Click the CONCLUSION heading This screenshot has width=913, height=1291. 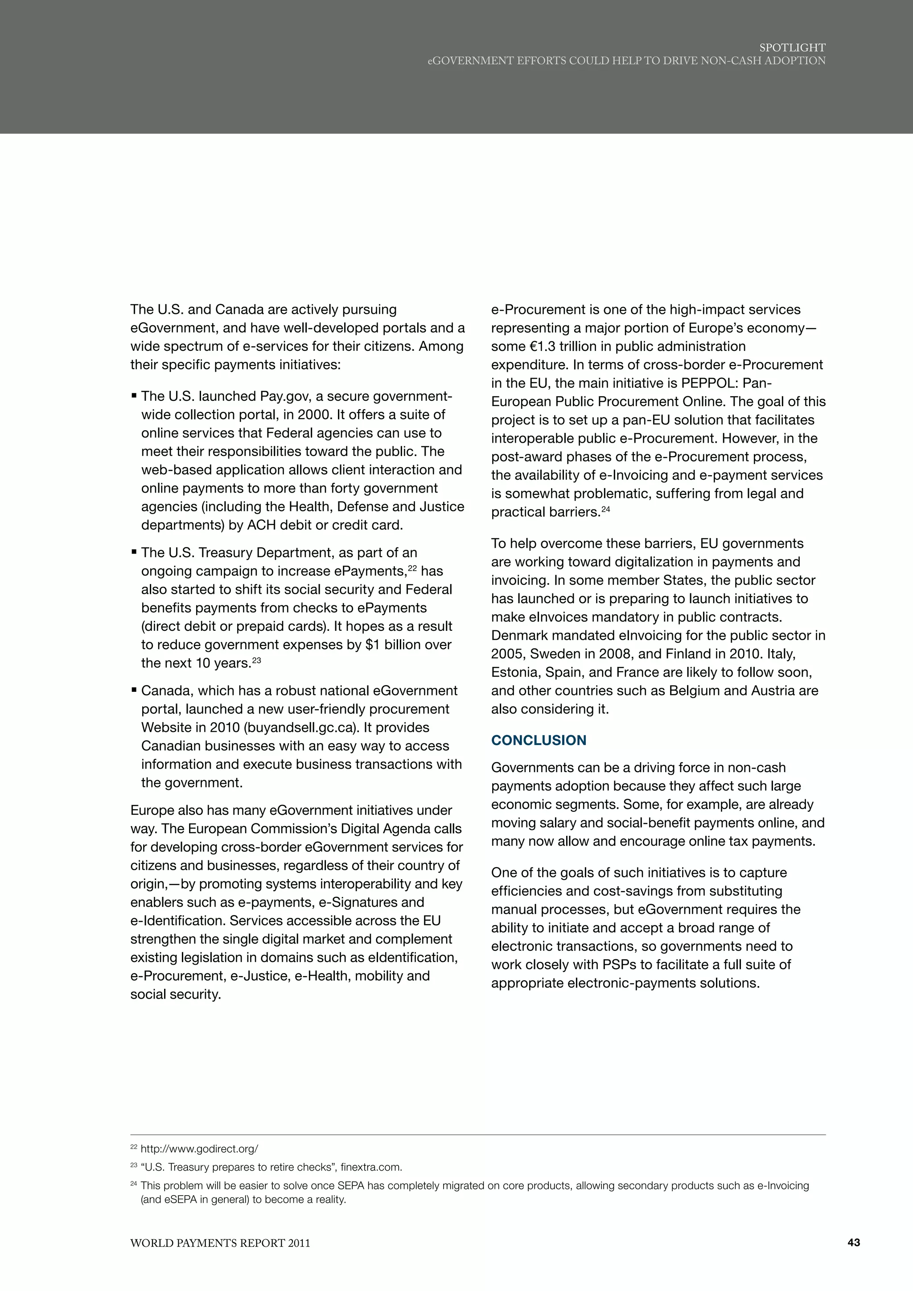[538, 740]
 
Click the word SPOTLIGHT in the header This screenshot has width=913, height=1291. [792, 48]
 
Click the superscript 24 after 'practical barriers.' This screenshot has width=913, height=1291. [605, 509]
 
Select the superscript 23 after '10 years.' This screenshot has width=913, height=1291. [256, 660]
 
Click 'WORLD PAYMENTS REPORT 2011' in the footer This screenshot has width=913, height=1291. [220, 1243]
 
